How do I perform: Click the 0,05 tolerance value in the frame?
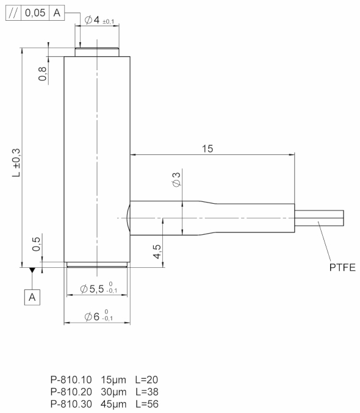click(35, 13)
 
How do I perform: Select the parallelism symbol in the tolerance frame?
click(13, 13)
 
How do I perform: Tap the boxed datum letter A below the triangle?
click(32, 297)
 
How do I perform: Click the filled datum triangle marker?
click(32, 270)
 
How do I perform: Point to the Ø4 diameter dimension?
click(99, 20)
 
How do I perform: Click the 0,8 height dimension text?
click(43, 73)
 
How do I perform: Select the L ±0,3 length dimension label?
click(16, 162)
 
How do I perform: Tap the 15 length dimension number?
click(207, 149)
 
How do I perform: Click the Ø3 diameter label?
click(176, 179)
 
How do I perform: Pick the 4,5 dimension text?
click(157, 251)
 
